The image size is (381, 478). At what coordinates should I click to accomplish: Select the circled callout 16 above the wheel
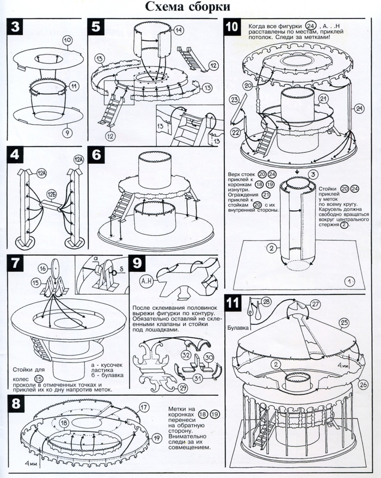[x=42, y=268]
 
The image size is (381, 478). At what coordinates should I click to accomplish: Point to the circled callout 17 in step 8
[x=144, y=407]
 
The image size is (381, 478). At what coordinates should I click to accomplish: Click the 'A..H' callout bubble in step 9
[x=145, y=281]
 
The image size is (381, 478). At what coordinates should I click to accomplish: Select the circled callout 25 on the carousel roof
[x=343, y=322]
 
